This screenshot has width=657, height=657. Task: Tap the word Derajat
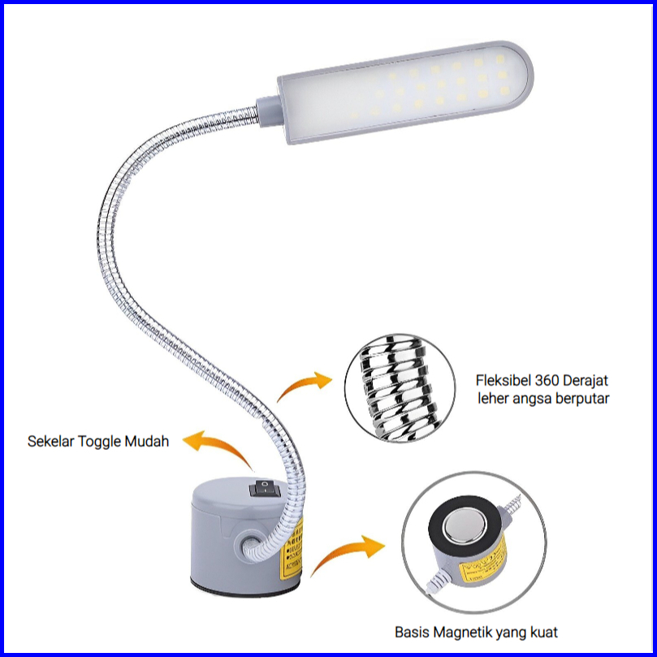coord(585,380)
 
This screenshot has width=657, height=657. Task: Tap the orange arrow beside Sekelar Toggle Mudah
coord(215,449)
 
